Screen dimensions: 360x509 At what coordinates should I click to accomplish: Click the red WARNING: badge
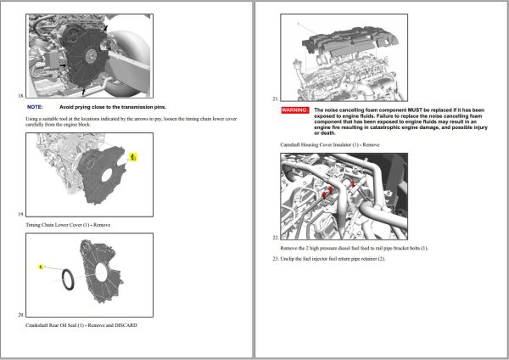[x=295, y=110]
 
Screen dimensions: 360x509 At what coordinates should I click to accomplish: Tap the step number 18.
[x=20, y=96]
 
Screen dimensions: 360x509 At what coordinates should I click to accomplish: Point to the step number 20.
[x=20, y=314]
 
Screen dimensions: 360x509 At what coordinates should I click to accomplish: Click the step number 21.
[x=276, y=97]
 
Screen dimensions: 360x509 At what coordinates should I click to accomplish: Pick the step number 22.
[x=276, y=237]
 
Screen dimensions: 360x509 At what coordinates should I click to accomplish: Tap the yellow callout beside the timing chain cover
[x=131, y=157]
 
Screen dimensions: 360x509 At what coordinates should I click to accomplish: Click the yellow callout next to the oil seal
[x=40, y=267]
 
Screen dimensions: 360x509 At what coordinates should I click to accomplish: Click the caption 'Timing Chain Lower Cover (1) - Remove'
[x=68, y=224]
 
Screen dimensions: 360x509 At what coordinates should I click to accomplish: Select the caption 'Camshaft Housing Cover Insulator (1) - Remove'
[x=330, y=144]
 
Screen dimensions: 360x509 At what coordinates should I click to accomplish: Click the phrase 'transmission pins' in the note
[x=140, y=108]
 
